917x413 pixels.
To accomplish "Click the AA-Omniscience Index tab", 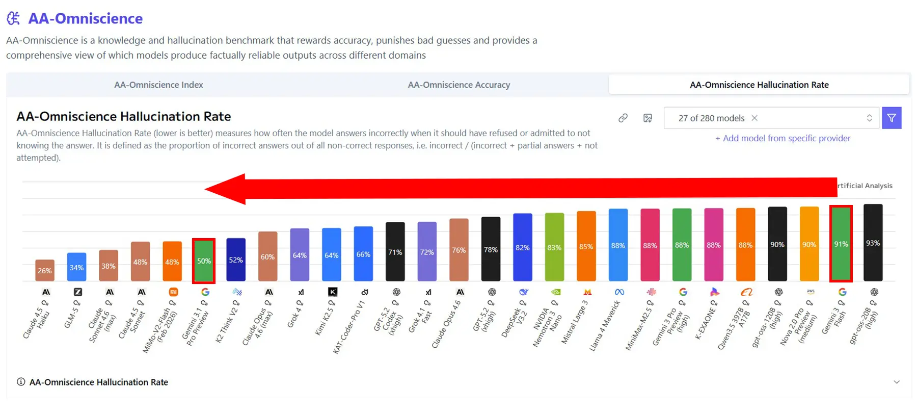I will [x=158, y=85].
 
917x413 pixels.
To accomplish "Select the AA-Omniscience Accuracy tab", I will [x=459, y=85].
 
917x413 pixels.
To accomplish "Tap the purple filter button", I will [x=892, y=118].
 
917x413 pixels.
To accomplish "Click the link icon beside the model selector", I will [x=623, y=118].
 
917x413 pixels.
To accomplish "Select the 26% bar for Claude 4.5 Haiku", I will [x=45, y=270].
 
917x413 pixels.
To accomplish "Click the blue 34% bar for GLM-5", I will [x=76, y=267].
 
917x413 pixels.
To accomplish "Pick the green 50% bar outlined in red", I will [x=204, y=261].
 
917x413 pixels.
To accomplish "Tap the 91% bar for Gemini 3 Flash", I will [x=841, y=244].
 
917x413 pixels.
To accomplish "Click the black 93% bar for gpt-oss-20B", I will [x=873, y=243].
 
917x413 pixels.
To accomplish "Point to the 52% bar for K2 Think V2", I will [x=236, y=260].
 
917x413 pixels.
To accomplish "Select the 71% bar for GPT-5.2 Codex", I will [x=395, y=252].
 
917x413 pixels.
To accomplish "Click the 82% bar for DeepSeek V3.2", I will [x=523, y=247].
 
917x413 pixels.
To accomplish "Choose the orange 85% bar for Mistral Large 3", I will [x=586, y=246].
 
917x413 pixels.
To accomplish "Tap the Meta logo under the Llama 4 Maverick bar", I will [x=619, y=292].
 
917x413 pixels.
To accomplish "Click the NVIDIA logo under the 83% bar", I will [x=556, y=292].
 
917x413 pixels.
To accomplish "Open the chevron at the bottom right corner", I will [x=897, y=382].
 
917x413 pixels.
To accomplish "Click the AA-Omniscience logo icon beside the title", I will [x=14, y=18].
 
